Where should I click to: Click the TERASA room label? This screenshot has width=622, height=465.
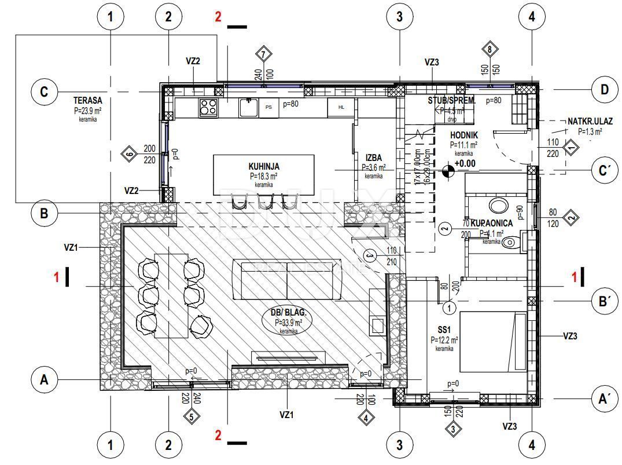[x=87, y=101]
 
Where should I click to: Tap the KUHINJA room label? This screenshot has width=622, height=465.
[x=263, y=167]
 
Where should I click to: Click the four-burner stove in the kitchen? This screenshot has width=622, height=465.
[x=208, y=107]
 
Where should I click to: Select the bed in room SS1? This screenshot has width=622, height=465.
[x=493, y=342]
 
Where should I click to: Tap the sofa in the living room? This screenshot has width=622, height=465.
[x=286, y=280]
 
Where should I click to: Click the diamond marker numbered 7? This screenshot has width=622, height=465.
[x=264, y=54]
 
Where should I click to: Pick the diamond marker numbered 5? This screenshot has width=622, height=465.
[x=192, y=416]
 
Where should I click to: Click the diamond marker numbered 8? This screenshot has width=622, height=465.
[x=489, y=50]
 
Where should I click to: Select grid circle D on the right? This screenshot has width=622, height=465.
[x=605, y=90]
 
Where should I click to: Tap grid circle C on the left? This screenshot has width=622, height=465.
[x=44, y=93]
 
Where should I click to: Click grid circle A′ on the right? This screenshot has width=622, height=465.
[x=605, y=398]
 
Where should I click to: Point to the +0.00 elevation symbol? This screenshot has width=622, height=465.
[x=448, y=171]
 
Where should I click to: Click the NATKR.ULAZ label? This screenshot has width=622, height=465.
[x=590, y=122]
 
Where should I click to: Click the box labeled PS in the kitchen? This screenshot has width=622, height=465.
[x=268, y=107]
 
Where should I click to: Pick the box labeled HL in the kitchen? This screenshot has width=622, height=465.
[x=341, y=107]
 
